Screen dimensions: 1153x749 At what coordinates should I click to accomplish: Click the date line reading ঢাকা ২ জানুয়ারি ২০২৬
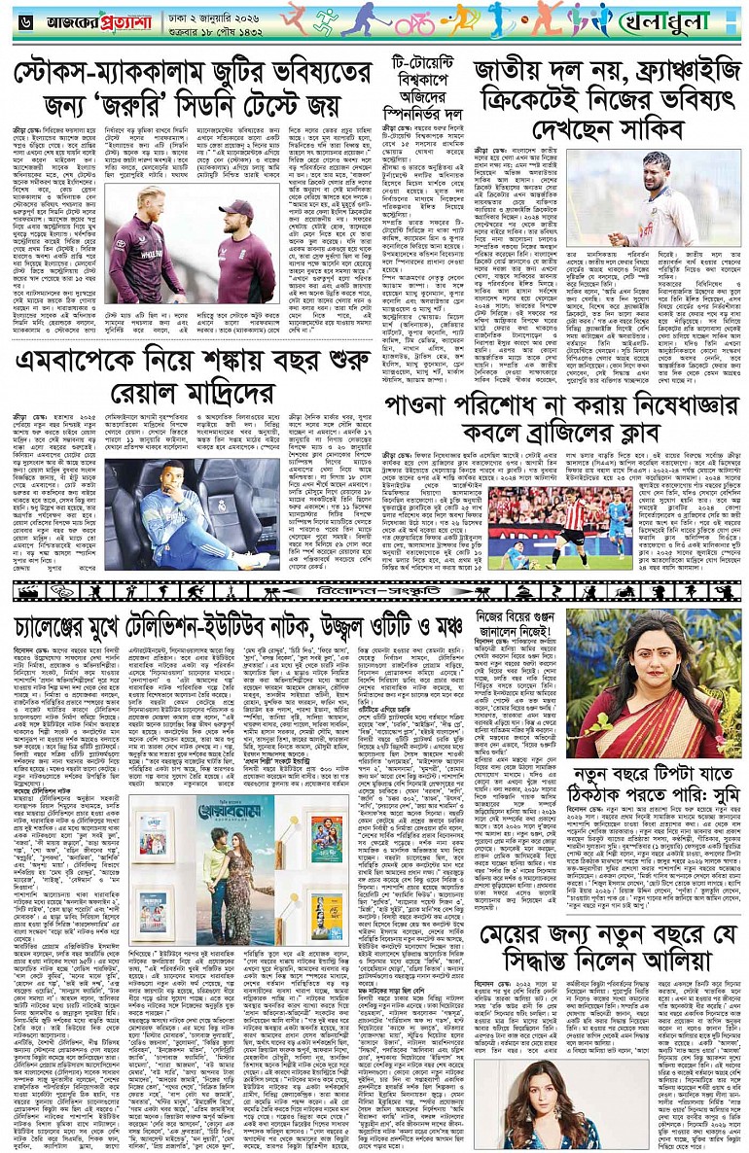click(x=199, y=14)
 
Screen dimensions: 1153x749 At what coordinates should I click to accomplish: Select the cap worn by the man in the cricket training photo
click(x=238, y=207)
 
